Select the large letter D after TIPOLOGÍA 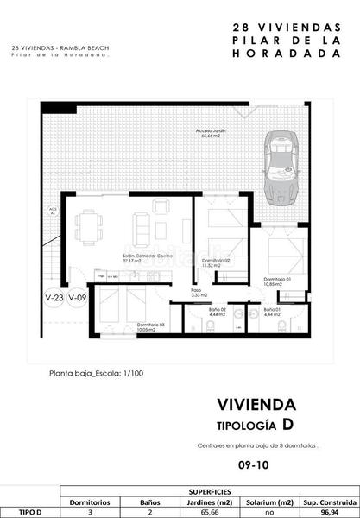pyautogui.click(x=287, y=425)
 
